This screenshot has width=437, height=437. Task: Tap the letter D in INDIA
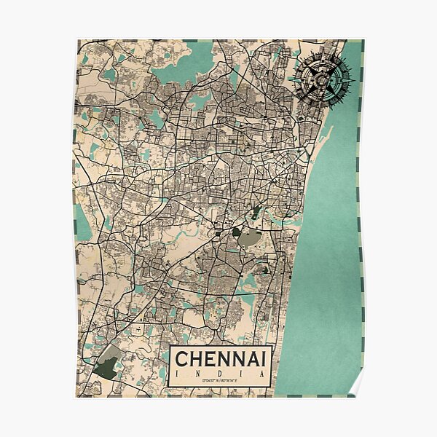pos(212,373)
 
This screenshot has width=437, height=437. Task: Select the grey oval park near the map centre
pos(251,237)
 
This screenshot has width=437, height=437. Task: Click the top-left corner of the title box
pos(170,344)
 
